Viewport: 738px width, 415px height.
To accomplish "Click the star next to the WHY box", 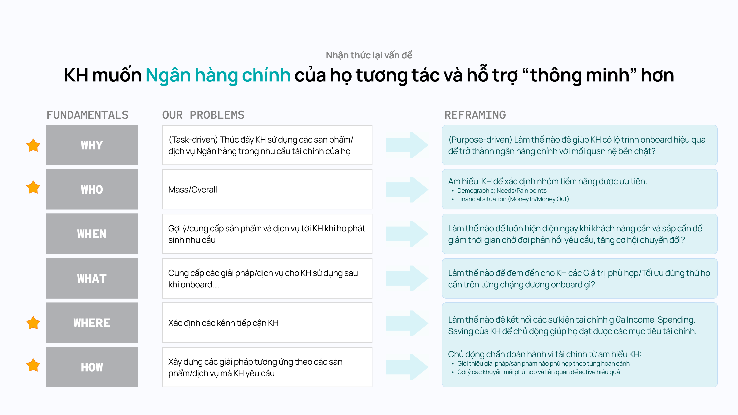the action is tap(33, 145).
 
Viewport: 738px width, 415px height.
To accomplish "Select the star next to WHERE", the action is tap(33, 323).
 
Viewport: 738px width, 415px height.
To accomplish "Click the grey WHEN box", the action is tap(92, 234).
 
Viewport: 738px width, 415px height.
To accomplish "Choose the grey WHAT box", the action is tap(92, 278).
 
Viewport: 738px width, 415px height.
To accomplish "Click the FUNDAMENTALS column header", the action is tap(88, 115).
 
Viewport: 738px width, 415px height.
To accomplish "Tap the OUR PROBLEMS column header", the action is tap(203, 115).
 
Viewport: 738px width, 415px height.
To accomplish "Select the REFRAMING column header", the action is tap(475, 115).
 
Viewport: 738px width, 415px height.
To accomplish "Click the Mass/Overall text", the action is tap(193, 190).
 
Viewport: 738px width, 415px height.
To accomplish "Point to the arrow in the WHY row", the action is tap(407, 145).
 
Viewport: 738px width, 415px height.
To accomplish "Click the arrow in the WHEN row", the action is tap(407, 234).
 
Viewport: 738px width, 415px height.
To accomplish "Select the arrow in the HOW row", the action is tap(407, 367).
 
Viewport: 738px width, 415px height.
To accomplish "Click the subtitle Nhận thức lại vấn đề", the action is tap(369, 55).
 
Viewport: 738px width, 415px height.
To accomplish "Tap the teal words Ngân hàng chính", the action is tap(218, 75).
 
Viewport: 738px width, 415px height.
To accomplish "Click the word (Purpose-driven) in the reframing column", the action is tap(480, 140).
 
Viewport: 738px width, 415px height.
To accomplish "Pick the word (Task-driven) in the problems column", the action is tap(193, 140).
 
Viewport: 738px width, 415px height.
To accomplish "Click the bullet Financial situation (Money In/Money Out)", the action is tap(513, 199).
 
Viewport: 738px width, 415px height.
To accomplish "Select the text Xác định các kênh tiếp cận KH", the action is tap(224, 323).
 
